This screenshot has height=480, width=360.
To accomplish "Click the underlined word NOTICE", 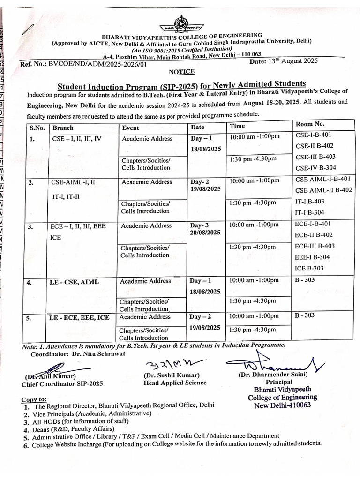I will point(181,72).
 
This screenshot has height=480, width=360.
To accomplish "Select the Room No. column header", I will point(309,124).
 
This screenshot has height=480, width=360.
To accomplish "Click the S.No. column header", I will point(37,127).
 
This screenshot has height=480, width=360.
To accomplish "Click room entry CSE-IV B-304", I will point(315,168).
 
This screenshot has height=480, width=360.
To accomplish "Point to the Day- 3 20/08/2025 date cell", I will point(205,229).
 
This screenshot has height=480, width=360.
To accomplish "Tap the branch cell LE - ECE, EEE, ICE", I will point(80,318).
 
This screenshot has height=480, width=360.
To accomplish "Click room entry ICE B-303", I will point(309,268).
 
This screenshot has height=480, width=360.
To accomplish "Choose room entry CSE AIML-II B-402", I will point(323,190).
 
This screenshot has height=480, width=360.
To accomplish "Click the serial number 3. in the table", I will point(30,227).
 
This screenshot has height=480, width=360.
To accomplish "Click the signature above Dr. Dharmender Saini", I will point(272,363).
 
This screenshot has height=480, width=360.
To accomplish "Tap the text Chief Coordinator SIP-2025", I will point(62,383).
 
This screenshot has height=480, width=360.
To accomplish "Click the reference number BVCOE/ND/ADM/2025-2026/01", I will point(97,65).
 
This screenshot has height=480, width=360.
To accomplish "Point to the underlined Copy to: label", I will point(34,399).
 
